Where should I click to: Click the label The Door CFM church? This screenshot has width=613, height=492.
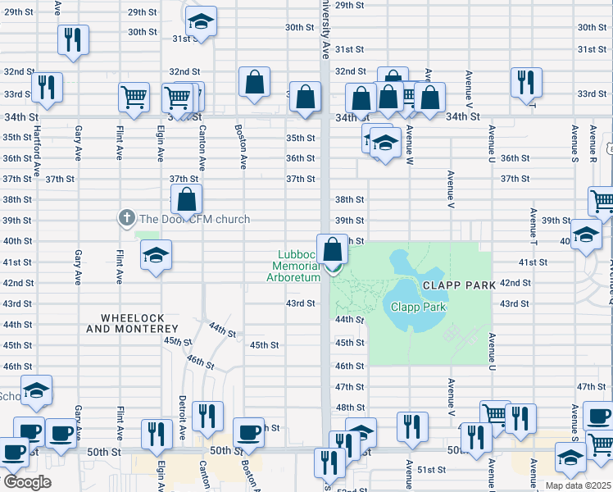tap(194, 219)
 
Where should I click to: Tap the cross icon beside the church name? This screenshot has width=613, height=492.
tap(126, 218)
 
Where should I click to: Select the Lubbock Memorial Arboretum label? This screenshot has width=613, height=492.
tap(293, 266)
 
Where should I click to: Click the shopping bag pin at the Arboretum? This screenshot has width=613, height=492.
tap(332, 249)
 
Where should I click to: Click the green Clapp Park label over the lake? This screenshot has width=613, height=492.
tap(418, 307)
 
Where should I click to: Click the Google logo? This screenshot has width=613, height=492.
tap(26, 482)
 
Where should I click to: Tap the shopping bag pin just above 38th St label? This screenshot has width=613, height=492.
tap(187, 199)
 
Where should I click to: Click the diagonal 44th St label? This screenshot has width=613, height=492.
tap(221, 330)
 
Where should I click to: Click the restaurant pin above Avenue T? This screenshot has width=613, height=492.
tap(524, 82)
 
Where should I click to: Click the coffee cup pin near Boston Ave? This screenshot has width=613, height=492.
tap(248, 432)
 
